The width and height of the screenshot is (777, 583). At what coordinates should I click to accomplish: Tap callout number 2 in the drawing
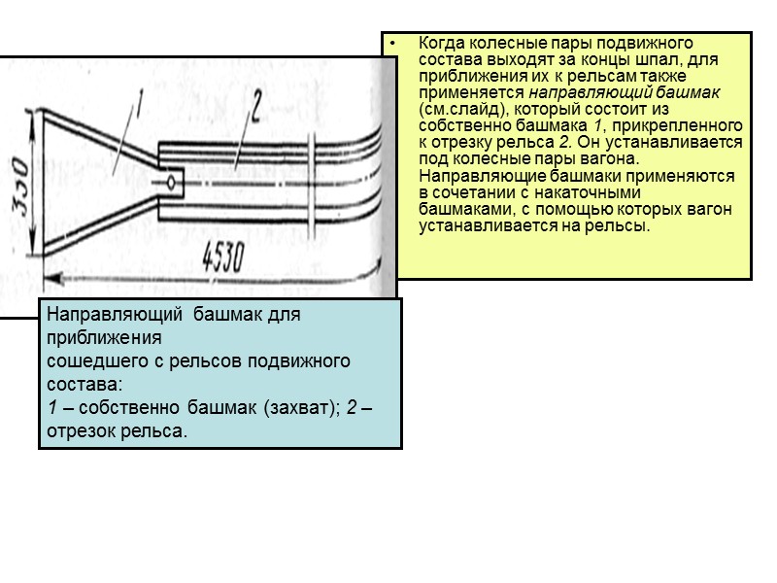coord(254,106)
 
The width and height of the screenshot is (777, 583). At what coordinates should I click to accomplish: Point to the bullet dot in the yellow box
coord(392,45)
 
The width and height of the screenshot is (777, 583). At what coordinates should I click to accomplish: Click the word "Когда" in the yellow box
coord(439,44)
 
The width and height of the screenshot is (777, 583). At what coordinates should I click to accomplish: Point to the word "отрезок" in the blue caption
coord(81,430)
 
